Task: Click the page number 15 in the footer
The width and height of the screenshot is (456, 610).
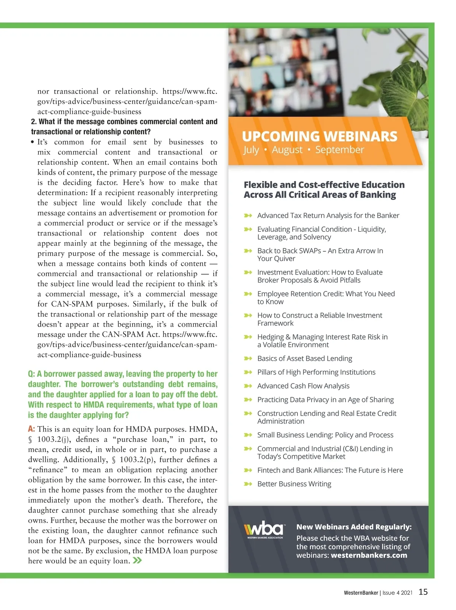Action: click(423, 592)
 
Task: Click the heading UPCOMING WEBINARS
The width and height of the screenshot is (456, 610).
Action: click(320, 136)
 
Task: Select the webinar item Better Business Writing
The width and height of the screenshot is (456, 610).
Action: click(294, 484)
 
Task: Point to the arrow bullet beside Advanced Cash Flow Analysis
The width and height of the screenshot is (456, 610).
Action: click(248, 386)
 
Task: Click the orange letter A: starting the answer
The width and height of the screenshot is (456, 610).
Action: click(32, 429)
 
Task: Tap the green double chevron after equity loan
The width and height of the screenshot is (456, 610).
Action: click(137, 561)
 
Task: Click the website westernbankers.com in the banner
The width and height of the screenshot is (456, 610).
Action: click(369, 555)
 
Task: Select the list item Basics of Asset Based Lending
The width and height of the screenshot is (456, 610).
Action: click(304, 359)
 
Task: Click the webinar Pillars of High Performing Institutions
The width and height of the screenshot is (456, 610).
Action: click(316, 372)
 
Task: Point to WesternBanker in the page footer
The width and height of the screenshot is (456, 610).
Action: click(361, 593)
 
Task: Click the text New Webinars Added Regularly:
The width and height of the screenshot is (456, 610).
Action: click(354, 527)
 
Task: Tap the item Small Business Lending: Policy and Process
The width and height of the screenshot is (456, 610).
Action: click(325, 435)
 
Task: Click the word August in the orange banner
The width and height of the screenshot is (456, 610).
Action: click(287, 150)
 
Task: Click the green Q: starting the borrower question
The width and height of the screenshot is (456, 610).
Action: click(32, 374)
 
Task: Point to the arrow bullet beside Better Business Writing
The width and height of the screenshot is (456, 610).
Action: click(248, 484)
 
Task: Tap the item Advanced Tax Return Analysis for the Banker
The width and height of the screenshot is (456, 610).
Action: click(328, 215)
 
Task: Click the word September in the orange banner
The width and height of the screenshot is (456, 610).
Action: click(339, 150)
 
